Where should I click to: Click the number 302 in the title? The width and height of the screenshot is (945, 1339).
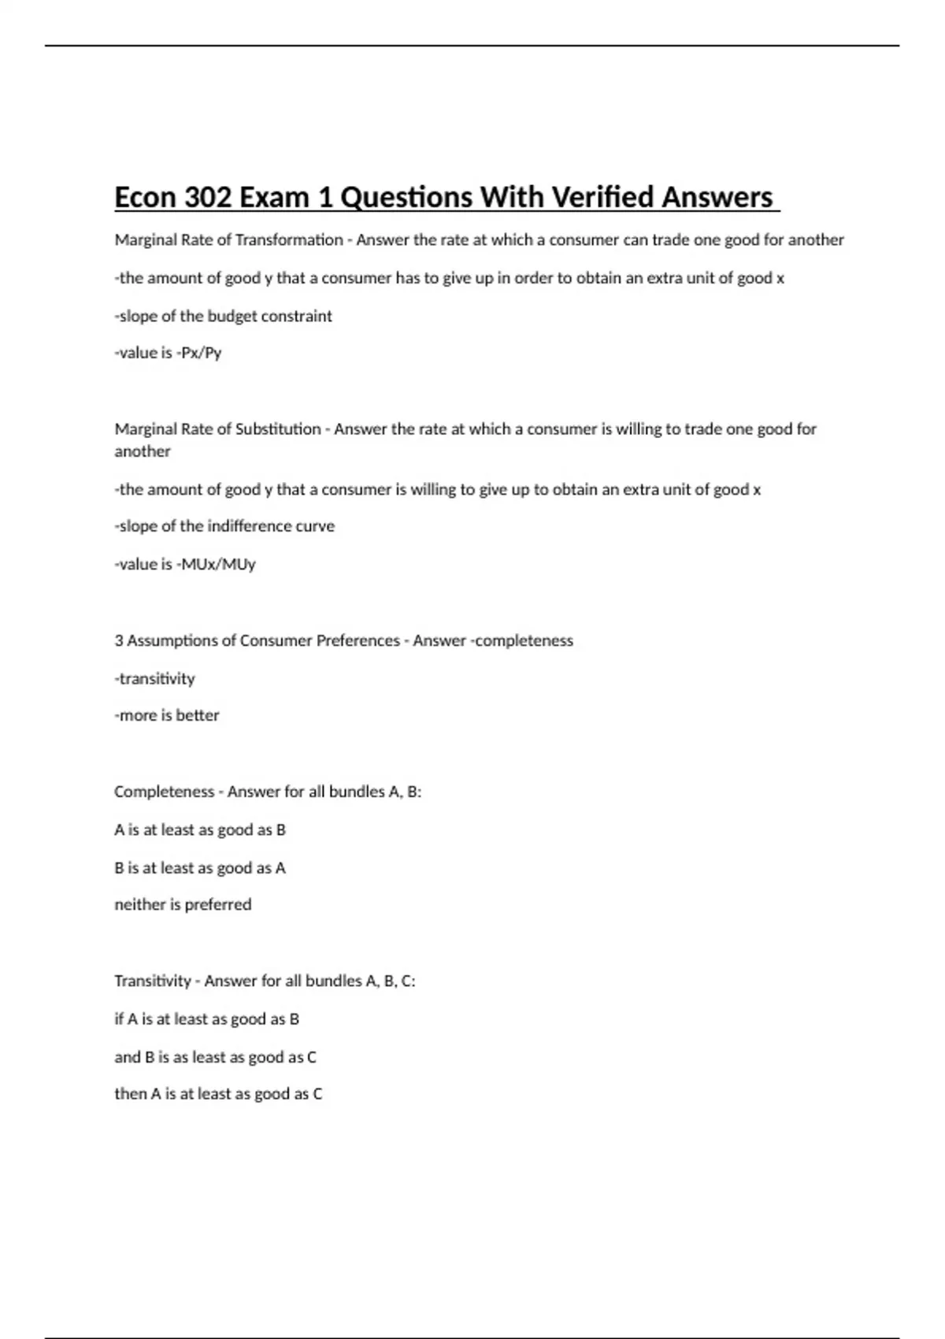[208, 197]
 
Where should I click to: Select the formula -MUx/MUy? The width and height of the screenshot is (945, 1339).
[216, 564]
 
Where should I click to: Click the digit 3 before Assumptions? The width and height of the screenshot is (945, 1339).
[119, 640]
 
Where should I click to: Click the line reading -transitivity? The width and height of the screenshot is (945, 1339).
[154, 678]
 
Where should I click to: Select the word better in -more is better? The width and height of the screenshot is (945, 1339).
[198, 715]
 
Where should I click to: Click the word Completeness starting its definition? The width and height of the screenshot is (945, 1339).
[164, 792]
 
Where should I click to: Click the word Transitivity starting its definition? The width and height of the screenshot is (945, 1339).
[153, 981]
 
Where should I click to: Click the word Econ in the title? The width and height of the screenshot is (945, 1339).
[146, 197]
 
